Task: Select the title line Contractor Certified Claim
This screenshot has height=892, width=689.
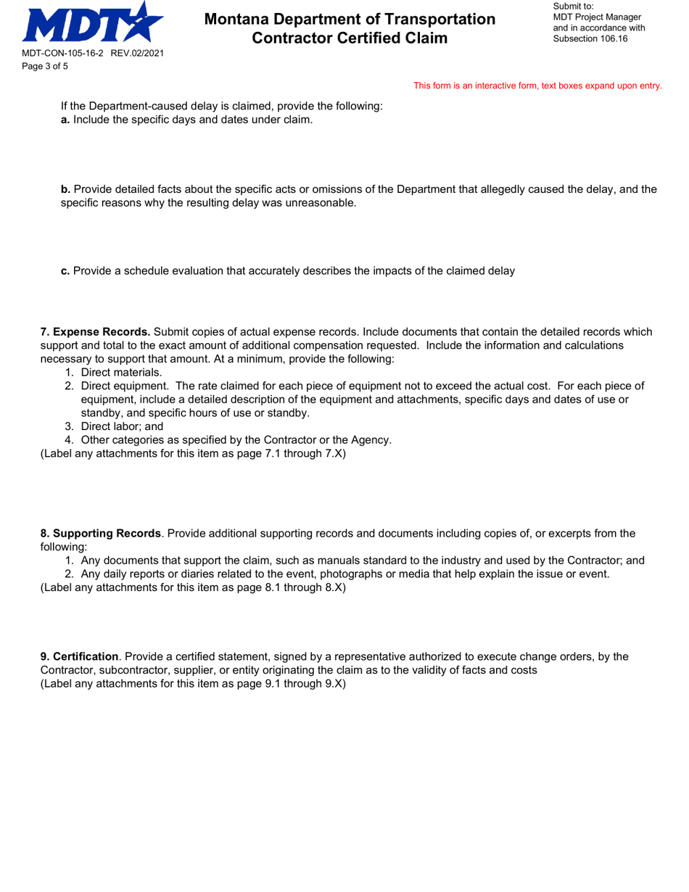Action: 350,38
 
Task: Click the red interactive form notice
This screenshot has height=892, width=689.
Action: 537,86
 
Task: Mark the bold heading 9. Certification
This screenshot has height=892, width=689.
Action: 79,656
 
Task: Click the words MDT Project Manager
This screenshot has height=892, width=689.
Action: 596,17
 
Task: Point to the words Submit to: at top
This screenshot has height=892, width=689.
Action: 573,6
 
